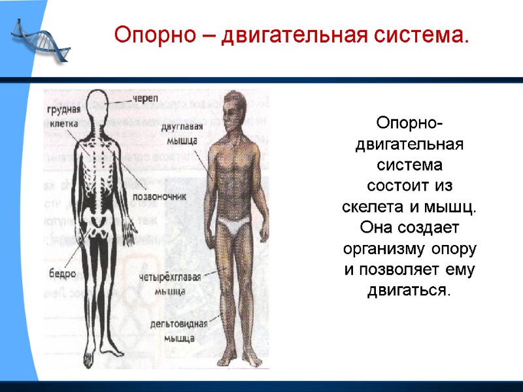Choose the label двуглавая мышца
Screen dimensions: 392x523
click(182, 133)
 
